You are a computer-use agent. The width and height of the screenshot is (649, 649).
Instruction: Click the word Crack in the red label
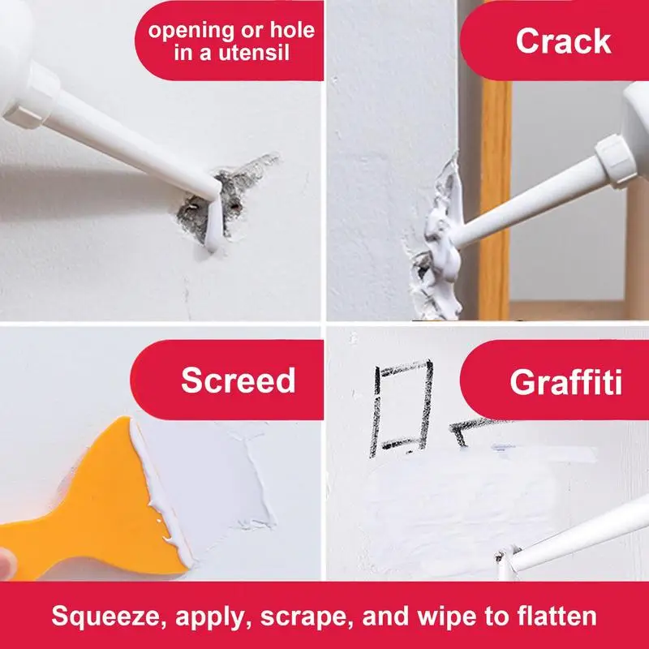tap(563, 41)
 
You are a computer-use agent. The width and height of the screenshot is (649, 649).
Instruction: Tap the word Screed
tap(239, 380)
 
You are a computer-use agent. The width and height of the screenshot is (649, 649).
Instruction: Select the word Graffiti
tap(565, 381)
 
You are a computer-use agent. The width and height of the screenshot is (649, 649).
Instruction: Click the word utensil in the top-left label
tap(253, 53)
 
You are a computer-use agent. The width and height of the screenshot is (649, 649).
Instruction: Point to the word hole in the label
tap(292, 30)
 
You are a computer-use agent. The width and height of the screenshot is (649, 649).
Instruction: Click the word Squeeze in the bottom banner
tap(105, 617)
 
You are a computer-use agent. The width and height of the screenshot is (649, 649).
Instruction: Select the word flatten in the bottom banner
tap(557, 616)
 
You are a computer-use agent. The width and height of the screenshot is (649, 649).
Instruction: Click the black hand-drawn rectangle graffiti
tap(401, 407)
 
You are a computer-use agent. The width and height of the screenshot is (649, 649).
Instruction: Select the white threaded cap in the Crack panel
tap(616, 161)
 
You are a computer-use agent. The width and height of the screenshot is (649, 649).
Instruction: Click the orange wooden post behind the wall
tap(496, 199)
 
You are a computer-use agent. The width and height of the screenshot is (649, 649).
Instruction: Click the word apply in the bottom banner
tap(210, 617)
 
